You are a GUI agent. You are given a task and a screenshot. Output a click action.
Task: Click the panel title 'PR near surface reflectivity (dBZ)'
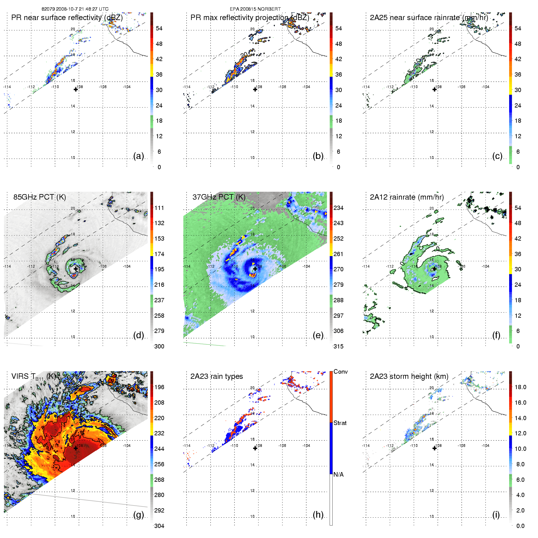pyautogui.click(x=67, y=18)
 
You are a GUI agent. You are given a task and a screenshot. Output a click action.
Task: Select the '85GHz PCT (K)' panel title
pyautogui.click(x=39, y=197)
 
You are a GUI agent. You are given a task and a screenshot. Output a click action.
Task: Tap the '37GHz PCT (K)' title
pyautogui.click(x=219, y=197)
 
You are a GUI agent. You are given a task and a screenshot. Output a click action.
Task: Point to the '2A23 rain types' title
pyautogui.click(x=217, y=376)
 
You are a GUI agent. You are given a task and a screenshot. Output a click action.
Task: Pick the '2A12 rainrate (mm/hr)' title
pyautogui.click(x=407, y=197)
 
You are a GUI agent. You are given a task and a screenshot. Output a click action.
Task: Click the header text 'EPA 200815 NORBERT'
pyautogui.click(x=255, y=9)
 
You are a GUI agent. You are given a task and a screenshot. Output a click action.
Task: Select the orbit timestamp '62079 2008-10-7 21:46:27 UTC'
pyautogui.click(x=75, y=9)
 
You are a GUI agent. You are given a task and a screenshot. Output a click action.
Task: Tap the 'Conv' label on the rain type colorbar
pyautogui.click(x=341, y=372)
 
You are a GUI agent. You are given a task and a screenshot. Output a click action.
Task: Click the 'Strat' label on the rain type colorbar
pyautogui.click(x=340, y=423)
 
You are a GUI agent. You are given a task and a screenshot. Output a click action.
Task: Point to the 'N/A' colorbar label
pyautogui.click(x=338, y=475)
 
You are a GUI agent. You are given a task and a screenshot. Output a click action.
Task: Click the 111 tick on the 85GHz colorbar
pyautogui.click(x=159, y=208)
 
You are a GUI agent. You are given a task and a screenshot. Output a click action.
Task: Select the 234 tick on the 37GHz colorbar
pyautogui.click(x=338, y=208)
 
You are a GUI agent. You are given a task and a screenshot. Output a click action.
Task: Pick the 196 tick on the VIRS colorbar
pyautogui.click(x=159, y=387)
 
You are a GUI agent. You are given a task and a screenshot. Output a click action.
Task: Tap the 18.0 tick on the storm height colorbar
pyautogui.click(x=520, y=387)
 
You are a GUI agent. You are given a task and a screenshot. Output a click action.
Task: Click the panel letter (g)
pyautogui.click(x=139, y=515)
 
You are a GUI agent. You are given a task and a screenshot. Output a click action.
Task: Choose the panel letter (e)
pyautogui.click(x=318, y=335)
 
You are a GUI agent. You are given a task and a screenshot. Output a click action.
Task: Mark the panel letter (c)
pyautogui.click(x=497, y=156)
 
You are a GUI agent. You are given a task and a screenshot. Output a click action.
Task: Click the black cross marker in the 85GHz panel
pyautogui.click(x=76, y=269)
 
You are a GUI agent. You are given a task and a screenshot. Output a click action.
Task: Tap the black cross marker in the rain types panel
pyautogui.click(x=255, y=448)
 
